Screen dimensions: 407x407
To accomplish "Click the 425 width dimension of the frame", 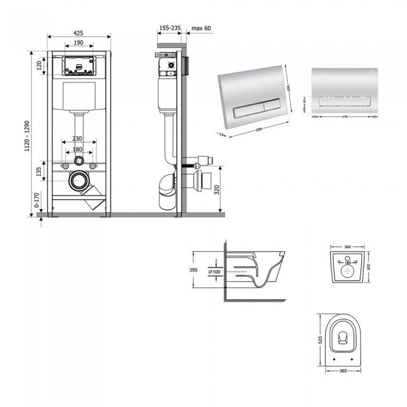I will [x=78, y=33].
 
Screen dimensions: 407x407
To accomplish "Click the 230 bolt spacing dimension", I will [x=78, y=139].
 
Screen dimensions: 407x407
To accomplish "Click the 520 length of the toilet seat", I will [x=320, y=338].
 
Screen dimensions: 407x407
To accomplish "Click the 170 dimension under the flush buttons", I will [x=345, y=116].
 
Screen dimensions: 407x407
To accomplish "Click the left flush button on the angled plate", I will [x=243, y=109].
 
